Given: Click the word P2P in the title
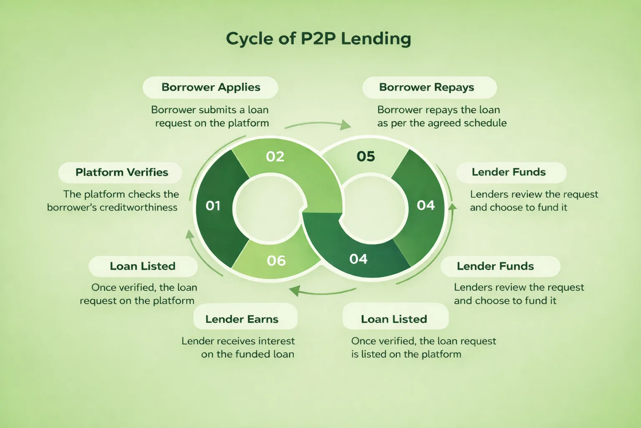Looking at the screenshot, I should [318, 39].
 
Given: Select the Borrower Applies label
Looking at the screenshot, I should [211, 87].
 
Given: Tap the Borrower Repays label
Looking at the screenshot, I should [426, 87].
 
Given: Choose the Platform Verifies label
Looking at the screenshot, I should [121, 172].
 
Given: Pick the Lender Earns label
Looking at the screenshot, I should [242, 319].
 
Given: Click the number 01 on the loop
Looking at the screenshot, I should [213, 206].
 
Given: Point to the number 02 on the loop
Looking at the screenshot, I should [275, 157].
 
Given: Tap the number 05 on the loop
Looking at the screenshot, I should [366, 157].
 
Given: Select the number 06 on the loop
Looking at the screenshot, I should [276, 261].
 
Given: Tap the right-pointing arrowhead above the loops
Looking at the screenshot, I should [346, 125].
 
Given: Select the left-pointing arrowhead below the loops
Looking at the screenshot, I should [295, 290].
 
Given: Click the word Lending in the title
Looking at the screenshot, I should [376, 39].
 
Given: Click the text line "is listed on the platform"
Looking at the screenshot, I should [406, 354].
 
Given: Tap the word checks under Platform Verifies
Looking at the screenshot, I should [142, 194].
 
